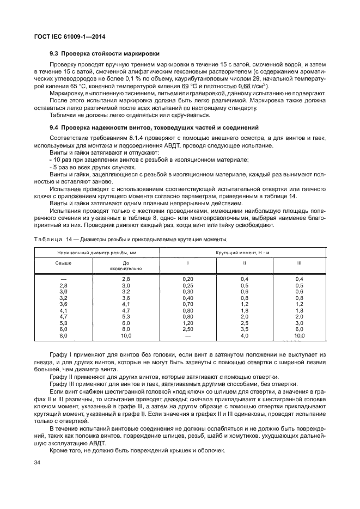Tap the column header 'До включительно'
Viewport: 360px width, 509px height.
(x=126, y=265)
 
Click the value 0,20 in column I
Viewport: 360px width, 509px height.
(x=188, y=279)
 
